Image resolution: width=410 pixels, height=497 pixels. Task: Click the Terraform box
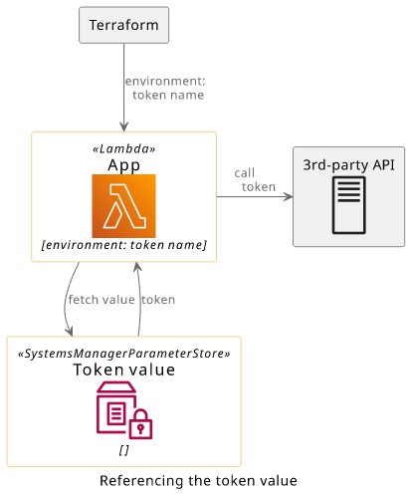[x=123, y=25]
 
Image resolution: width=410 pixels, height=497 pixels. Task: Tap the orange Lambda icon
[x=123, y=206]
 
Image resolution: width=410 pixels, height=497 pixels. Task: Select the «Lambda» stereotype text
[x=123, y=148]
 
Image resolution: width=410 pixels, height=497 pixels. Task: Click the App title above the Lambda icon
[x=123, y=165]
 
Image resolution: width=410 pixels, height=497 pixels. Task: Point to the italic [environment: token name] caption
[x=123, y=245]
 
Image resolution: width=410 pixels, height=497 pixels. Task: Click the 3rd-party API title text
[x=348, y=164]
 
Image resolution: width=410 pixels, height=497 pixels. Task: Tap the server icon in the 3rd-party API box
[x=348, y=205]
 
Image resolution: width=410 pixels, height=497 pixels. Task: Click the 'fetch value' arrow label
[x=102, y=300]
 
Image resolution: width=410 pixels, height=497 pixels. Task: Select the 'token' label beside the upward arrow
[x=158, y=300]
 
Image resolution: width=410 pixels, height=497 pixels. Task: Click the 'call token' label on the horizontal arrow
[x=255, y=180]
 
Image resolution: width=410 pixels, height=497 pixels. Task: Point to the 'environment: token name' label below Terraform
[x=165, y=88]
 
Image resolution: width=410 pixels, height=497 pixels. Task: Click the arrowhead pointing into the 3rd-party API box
[x=288, y=196]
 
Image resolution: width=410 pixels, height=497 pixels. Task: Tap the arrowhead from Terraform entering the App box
[x=123, y=126]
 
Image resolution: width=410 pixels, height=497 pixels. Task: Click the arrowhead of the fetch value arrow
[x=70, y=331]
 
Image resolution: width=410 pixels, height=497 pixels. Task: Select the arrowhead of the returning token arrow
[x=137, y=267]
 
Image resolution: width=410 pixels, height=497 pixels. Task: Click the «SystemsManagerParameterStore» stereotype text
[x=123, y=354]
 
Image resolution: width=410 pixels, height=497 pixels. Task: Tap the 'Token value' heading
[x=123, y=370]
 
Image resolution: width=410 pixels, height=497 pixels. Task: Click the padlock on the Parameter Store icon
[x=140, y=424]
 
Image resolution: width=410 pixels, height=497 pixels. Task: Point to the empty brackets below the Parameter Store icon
[x=123, y=450]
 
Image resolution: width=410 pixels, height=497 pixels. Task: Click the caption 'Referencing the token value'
[x=198, y=481]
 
